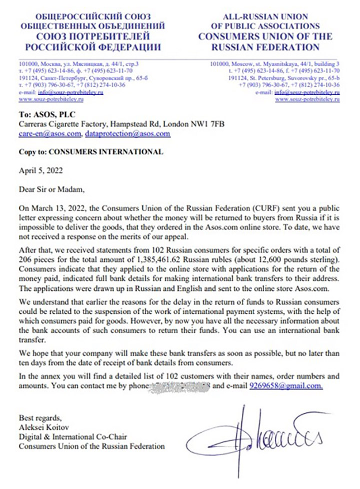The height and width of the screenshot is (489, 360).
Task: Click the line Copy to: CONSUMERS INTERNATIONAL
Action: pyautogui.click(x=90, y=152)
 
